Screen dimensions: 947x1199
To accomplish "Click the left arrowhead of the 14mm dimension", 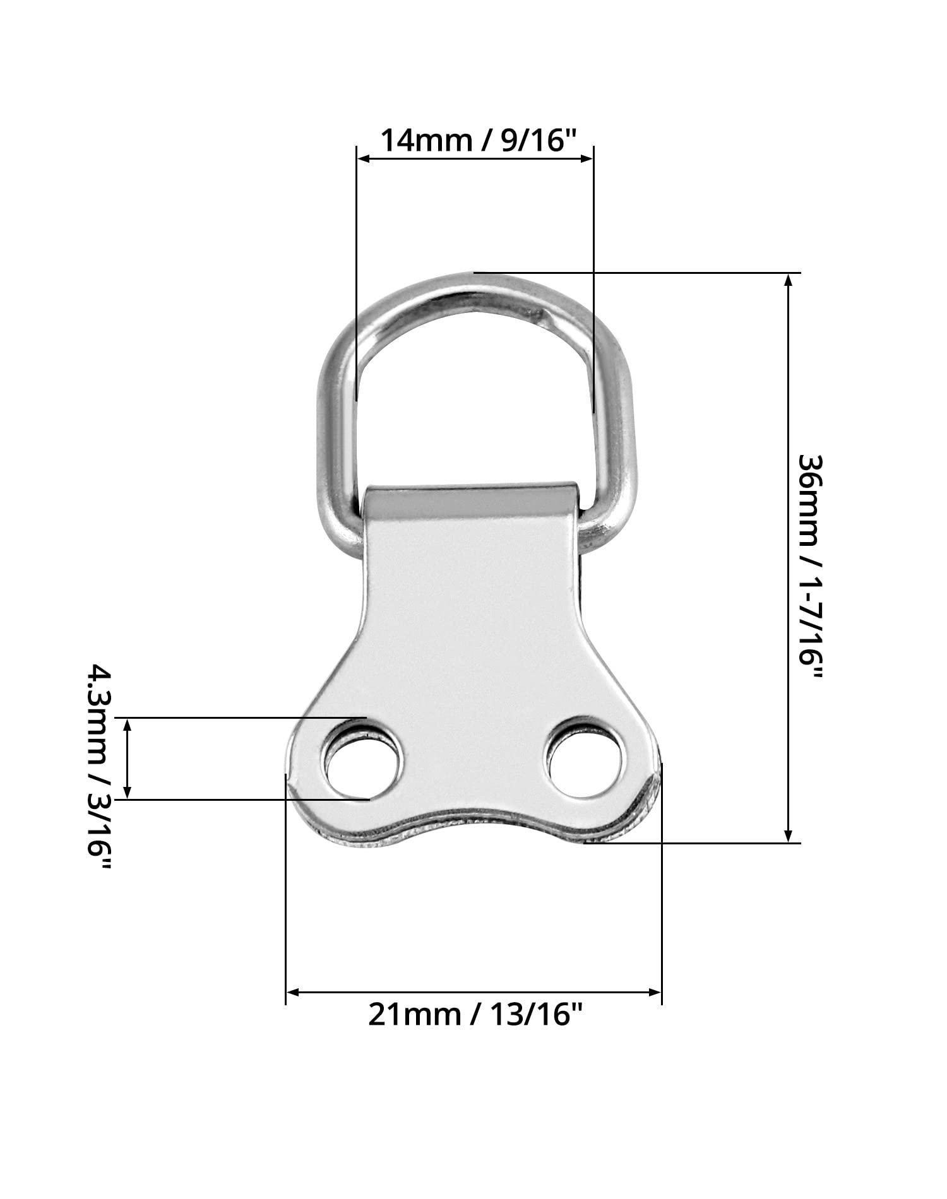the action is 364,158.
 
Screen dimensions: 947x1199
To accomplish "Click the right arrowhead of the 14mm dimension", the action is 587,158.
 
